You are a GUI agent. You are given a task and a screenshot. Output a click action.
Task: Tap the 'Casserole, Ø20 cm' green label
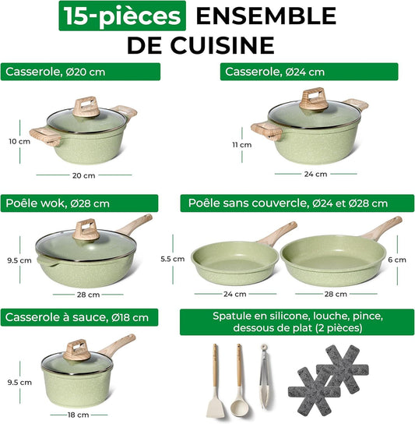[x=81, y=72]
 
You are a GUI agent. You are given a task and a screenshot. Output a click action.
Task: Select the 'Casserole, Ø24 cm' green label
[x=309, y=72]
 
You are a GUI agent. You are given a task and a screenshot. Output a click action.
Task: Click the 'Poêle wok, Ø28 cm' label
[x=81, y=203]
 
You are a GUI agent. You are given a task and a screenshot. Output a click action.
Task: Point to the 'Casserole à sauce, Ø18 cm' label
[x=81, y=317]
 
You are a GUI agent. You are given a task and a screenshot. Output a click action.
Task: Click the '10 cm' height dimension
[x=14, y=141]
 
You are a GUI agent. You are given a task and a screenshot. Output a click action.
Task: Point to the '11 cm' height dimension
[x=246, y=144]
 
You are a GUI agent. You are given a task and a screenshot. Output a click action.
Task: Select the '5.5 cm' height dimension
[x=178, y=257]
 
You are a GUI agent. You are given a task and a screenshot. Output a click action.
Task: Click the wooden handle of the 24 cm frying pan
[x=280, y=233]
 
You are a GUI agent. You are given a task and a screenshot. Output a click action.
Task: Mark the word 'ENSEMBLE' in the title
[x=265, y=16]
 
